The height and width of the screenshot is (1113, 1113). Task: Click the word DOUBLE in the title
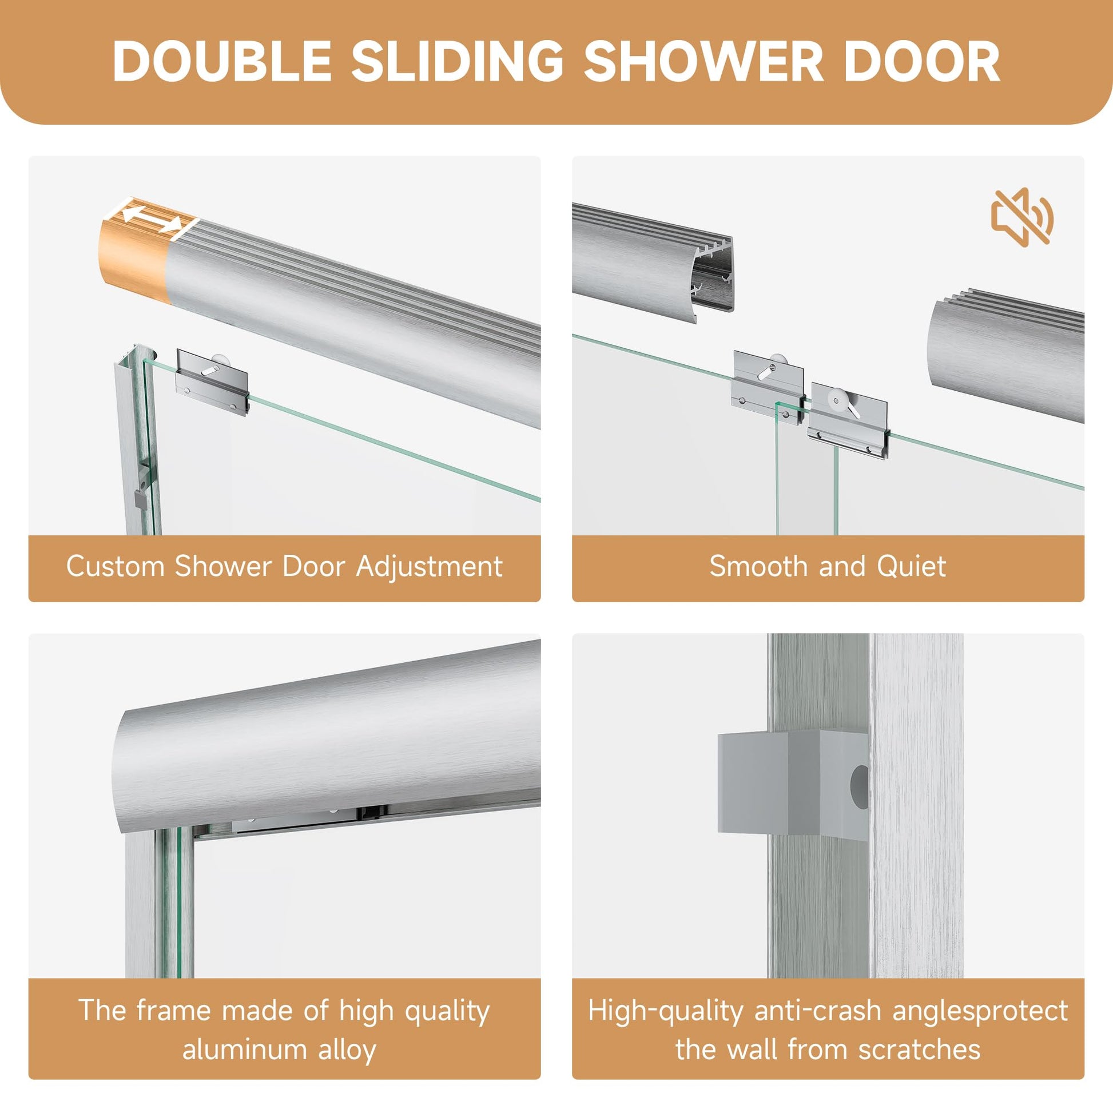[x=221, y=61]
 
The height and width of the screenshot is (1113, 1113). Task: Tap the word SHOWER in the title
[x=703, y=61]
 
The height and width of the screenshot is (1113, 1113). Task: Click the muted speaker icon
[x=1022, y=217]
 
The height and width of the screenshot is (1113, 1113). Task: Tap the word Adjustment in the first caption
[x=429, y=566]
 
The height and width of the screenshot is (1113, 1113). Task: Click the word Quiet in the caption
[x=911, y=566]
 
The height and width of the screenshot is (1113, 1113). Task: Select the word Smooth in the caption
[x=758, y=566]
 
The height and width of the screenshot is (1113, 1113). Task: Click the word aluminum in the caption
[x=242, y=1050]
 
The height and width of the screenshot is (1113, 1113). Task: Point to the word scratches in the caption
[x=920, y=1050]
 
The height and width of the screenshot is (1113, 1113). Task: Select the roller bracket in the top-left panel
[x=213, y=381]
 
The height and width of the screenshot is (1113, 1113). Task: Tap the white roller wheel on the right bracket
[x=837, y=397]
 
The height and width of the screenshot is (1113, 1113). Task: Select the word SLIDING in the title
[x=457, y=61]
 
